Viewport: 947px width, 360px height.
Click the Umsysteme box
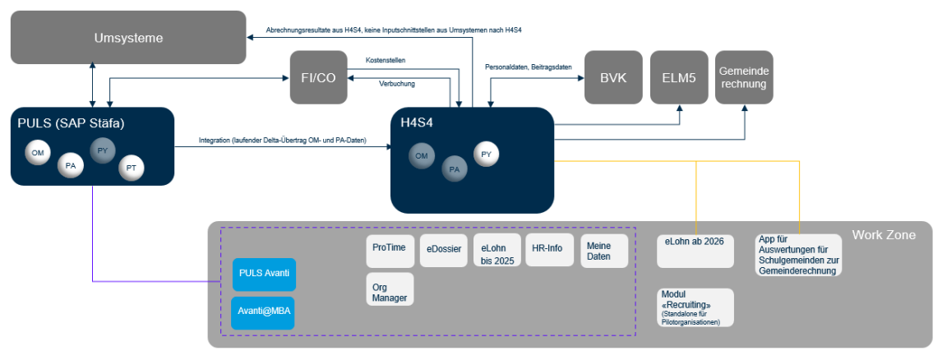pyautogui.click(x=127, y=38)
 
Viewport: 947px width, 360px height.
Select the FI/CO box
pyautogui.click(x=318, y=76)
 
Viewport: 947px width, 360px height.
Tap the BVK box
pyautogui.click(x=612, y=77)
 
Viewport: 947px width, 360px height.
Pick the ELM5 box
pyautogui.click(x=678, y=77)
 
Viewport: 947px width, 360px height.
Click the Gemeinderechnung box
pyautogui.click(x=744, y=77)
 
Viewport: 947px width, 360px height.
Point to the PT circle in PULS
pyautogui.click(x=131, y=168)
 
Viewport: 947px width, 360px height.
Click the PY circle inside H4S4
pyautogui.click(x=486, y=154)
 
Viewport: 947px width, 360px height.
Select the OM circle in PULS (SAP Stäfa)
pyautogui.click(x=37, y=153)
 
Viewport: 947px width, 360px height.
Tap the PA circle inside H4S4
pyautogui.click(x=454, y=169)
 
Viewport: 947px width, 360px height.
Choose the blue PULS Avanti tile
pyautogui.click(x=264, y=274)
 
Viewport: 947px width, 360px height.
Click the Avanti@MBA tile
pyautogui.click(x=264, y=312)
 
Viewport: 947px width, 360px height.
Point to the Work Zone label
pyautogui.click(x=884, y=236)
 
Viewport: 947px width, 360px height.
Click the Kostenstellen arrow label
pyautogui.click(x=386, y=60)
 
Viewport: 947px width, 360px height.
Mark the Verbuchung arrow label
pyautogui.click(x=397, y=84)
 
